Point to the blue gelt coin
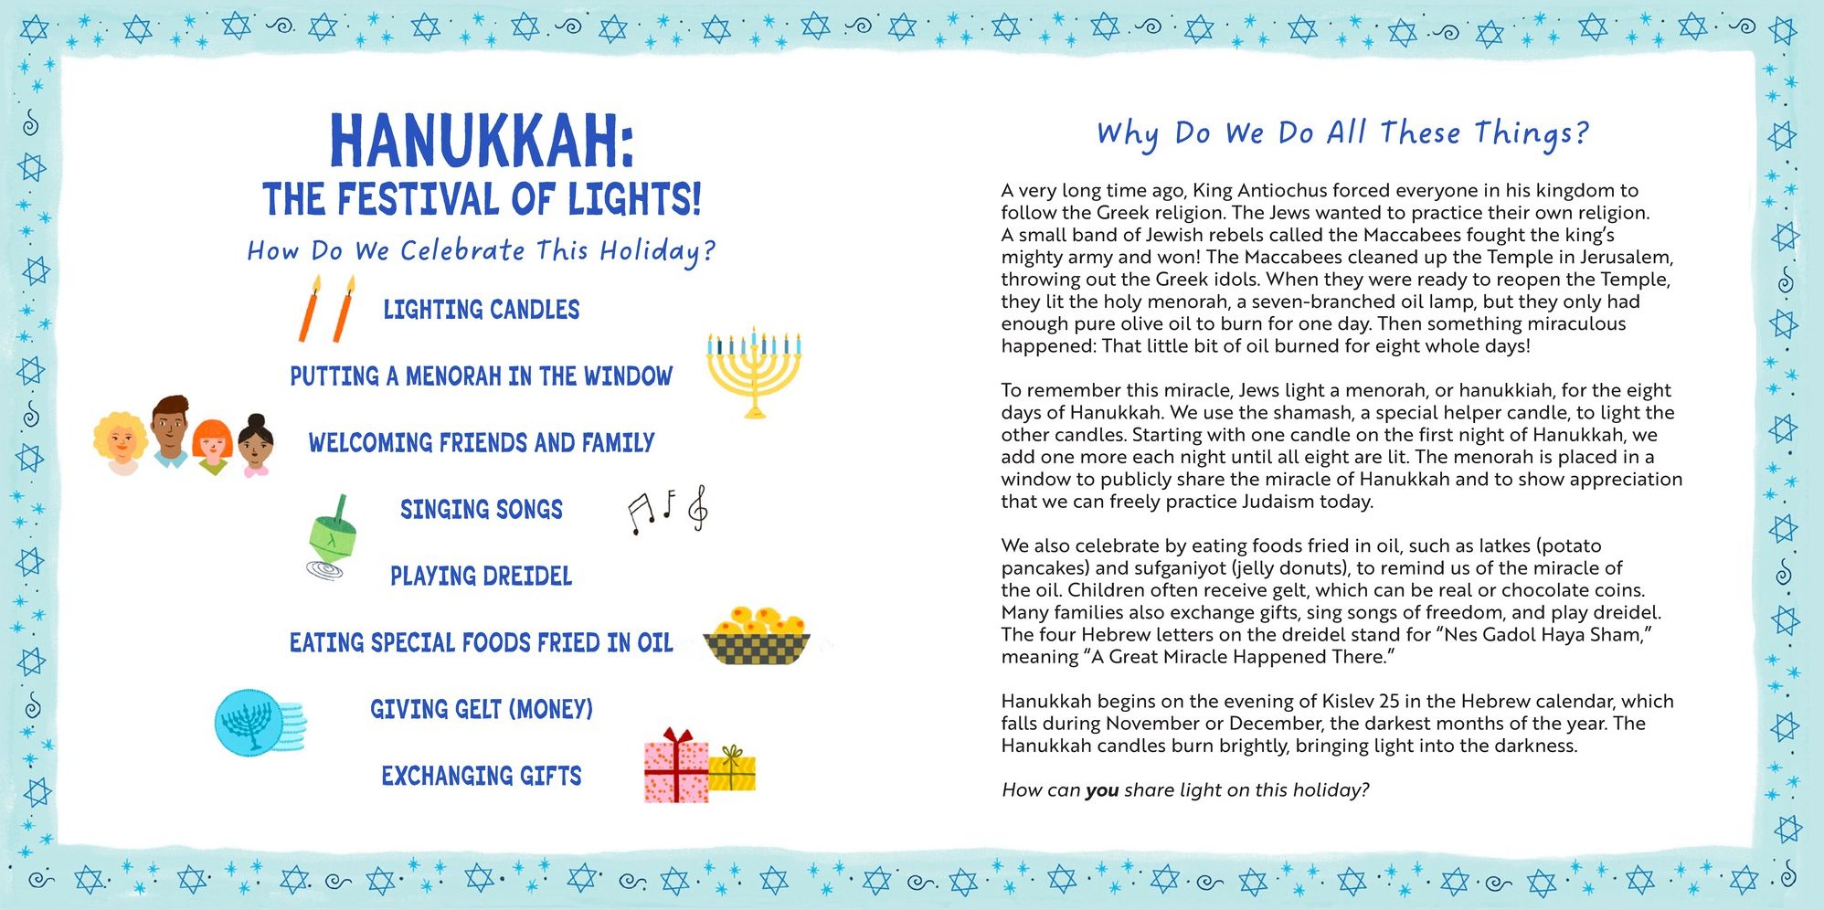pos(249,722)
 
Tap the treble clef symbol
pos(699,509)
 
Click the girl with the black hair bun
pos(256,445)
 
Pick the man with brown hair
pos(170,429)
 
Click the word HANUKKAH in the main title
pos(481,143)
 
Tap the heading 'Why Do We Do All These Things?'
pos(1342,134)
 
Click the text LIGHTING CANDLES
pos(481,311)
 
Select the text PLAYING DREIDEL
pos(481,577)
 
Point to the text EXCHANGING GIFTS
pos(481,777)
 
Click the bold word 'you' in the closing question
pos(1101,790)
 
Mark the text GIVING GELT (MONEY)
pos(481,710)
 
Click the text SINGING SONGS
pos(481,510)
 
